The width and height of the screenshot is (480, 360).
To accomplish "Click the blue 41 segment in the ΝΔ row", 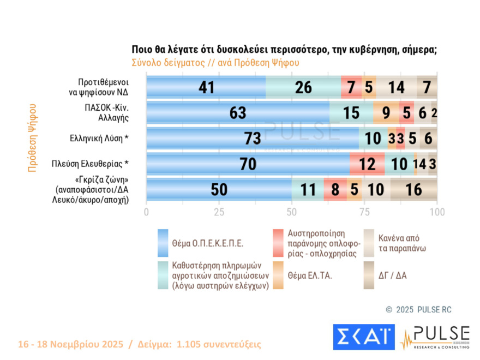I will point(206,87).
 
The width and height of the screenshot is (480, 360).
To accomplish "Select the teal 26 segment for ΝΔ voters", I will point(303,87).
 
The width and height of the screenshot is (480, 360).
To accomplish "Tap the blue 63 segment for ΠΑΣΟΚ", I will point(238,113).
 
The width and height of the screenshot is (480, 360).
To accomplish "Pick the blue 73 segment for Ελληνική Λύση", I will point(253,139).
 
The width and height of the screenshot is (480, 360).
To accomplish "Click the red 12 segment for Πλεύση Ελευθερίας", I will point(367,164).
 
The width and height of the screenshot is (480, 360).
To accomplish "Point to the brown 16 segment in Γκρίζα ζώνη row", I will point(414,189).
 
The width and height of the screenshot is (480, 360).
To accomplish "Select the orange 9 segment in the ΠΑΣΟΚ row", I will point(386,113).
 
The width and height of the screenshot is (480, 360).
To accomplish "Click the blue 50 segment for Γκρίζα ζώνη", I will point(219,189).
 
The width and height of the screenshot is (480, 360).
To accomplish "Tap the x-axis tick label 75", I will point(364,212).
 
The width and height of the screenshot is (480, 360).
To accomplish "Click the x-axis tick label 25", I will point(219,212).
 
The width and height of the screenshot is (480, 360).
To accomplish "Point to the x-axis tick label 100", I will point(437,212).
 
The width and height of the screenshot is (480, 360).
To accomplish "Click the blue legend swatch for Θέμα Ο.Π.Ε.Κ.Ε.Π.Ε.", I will point(163,243).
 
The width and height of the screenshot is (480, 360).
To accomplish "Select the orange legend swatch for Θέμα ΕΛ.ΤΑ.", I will point(278,275).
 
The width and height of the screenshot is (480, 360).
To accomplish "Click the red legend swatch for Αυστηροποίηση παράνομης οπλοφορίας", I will point(278,243).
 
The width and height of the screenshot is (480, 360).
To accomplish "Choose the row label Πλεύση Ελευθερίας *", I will point(90,164).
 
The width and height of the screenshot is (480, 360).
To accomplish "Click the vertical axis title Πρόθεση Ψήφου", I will point(32,137).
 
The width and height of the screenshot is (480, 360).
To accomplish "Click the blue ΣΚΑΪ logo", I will point(363,337).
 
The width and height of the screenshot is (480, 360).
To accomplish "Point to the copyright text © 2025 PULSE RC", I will point(418,309).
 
